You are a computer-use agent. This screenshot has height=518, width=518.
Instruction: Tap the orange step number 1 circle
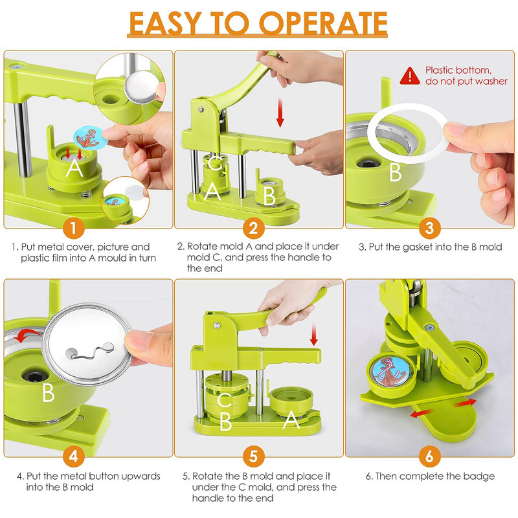point(73,228)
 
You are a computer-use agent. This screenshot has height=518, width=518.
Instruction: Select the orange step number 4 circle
point(73,456)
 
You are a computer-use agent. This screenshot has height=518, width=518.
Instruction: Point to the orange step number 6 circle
point(429,456)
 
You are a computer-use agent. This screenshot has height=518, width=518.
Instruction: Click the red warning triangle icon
point(410,76)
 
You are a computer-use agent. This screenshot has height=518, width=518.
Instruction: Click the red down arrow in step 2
point(280,113)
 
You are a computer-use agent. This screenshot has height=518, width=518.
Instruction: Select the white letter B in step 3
point(395,172)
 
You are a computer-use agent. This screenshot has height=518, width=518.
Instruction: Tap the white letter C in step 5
point(224,400)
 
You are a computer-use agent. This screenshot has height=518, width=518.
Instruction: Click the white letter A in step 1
point(74,168)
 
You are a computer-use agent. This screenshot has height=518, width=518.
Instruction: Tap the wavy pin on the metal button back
point(90,352)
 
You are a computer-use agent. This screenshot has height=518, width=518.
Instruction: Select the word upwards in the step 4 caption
point(141,477)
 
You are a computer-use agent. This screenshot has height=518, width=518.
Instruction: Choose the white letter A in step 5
point(291,420)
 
